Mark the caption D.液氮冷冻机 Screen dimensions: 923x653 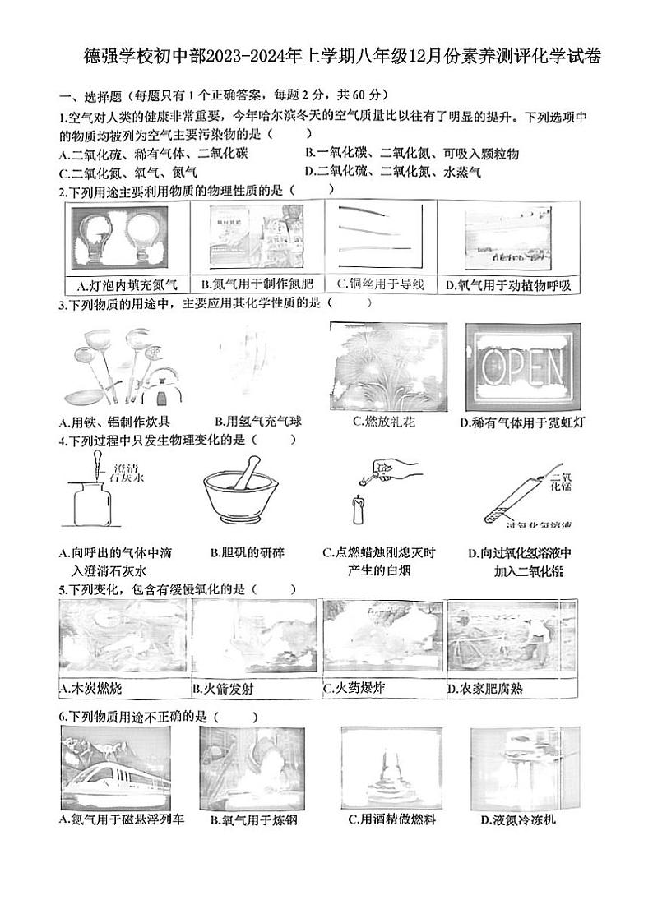519,819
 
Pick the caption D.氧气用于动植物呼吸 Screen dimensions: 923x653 507,285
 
